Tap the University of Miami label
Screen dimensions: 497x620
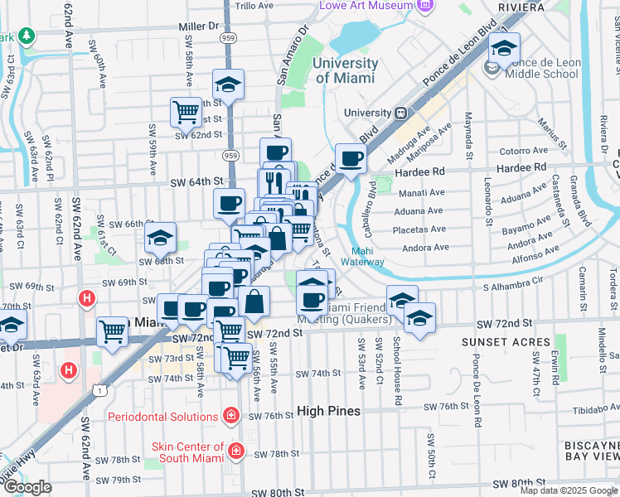tap(346, 70)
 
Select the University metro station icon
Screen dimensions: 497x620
tap(400, 113)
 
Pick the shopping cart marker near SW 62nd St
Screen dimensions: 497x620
tap(186, 111)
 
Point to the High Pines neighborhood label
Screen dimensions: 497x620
tap(328, 411)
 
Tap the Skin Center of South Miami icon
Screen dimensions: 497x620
tap(237, 451)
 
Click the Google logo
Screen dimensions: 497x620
tap(27, 487)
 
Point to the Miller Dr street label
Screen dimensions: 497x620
tap(198, 27)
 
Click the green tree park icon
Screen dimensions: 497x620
tap(27, 36)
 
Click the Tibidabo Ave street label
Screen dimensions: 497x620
tap(589, 409)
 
